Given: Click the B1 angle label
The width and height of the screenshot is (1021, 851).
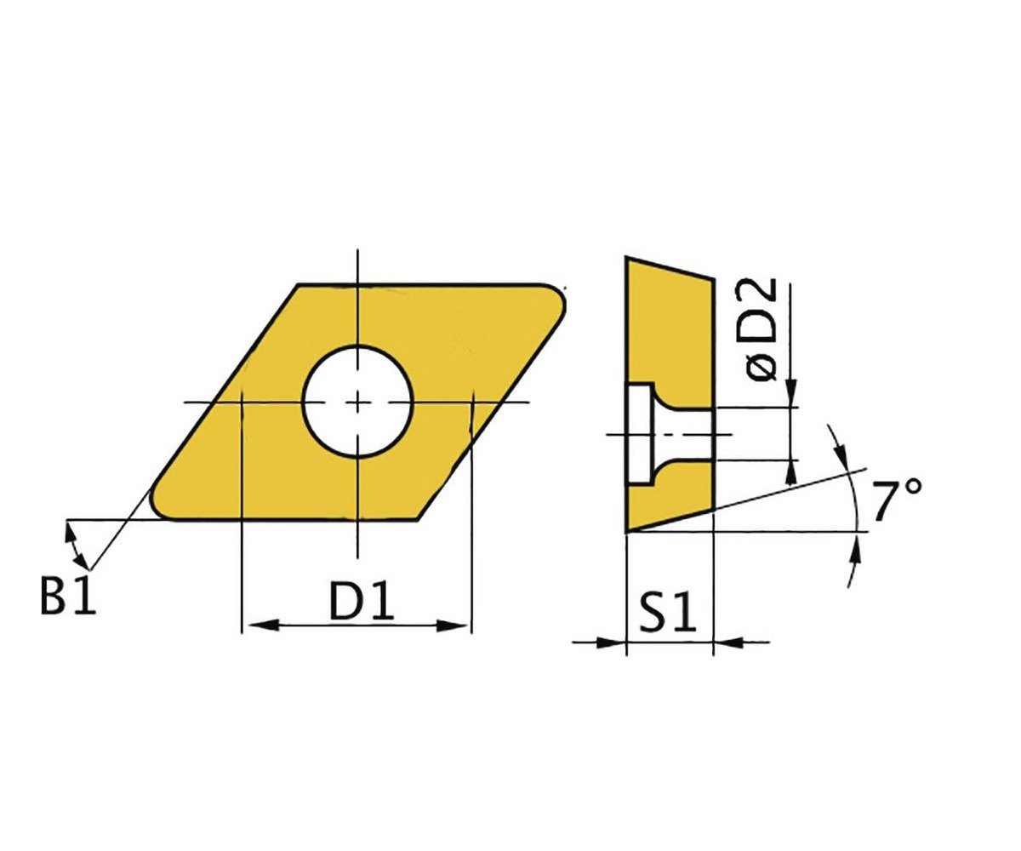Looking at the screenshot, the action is click(68, 597).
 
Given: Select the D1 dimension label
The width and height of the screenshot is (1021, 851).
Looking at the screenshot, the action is click(362, 601).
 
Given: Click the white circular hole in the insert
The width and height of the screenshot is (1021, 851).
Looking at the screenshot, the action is click(358, 402).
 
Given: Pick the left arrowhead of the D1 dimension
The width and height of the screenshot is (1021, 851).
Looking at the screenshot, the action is click(264, 625).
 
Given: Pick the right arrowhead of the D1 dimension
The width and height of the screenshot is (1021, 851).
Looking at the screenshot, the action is click(452, 625).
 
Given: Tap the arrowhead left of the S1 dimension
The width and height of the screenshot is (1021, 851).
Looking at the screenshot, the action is click(611, 643).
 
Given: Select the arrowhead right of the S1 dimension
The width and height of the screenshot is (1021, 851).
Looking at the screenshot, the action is click(728, 643).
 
